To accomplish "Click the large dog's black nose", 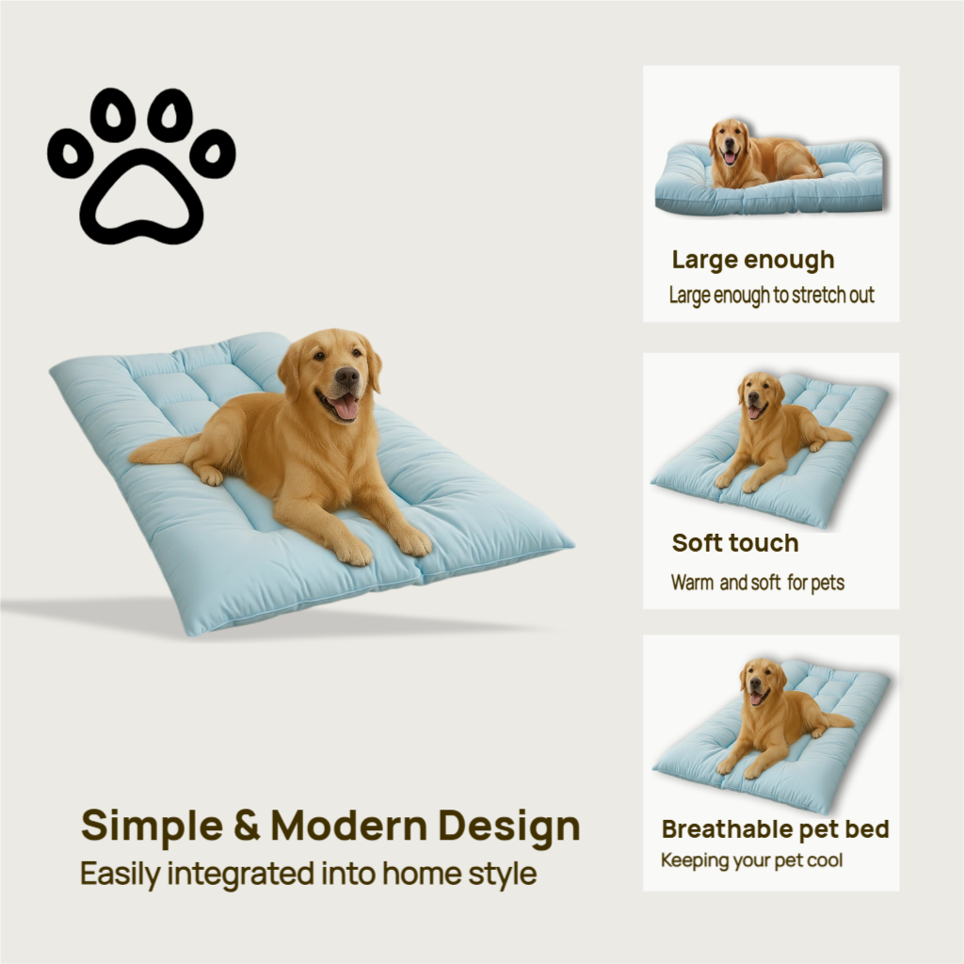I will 347,377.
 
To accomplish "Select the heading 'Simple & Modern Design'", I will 330,826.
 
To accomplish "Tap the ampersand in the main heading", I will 246,826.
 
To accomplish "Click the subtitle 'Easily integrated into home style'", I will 308,873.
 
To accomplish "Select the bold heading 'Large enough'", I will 753,260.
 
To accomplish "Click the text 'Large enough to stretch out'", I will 772,296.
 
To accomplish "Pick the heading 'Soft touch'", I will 735,543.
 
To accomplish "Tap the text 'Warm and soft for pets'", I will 758,583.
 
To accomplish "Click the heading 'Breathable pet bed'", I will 775,829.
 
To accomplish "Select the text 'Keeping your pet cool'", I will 751,860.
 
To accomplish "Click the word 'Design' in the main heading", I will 508,826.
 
